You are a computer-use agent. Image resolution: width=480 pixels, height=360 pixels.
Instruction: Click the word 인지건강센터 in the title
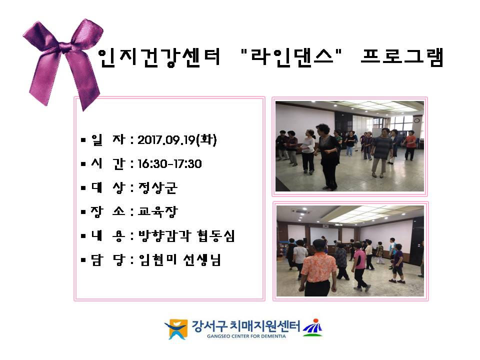(x=159, y=57)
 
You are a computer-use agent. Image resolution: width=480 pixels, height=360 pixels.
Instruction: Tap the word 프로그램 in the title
(x=402, y=57)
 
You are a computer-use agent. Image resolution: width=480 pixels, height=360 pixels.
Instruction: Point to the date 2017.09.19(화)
(x=177, y=140)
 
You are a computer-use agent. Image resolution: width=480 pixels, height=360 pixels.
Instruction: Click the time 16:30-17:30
(x=169, y=164)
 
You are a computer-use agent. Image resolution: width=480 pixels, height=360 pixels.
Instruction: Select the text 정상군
(x=157, y=187)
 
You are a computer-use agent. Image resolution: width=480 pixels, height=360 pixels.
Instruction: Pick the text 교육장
(x=157, y=211)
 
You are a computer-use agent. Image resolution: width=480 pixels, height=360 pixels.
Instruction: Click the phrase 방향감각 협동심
(x=186, y=235)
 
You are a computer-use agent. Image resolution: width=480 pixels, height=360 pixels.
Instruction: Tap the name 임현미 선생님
(x=179, y=260)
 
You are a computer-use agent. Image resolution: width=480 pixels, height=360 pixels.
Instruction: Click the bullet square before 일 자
(x=83, y=140)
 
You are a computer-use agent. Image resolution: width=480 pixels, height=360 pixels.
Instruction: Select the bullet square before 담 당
(x=83, y=260)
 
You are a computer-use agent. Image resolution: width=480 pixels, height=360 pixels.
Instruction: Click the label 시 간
(x=108, y=164)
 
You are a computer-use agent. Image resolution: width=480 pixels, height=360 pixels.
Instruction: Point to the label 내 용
(x=108, y=235)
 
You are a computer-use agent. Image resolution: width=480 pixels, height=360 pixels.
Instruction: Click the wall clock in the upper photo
(x=416, y=120)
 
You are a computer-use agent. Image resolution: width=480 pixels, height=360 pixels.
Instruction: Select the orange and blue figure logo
(x=176, y=329)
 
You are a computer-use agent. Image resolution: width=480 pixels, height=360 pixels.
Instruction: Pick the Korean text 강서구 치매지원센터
(x=246, y=325)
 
